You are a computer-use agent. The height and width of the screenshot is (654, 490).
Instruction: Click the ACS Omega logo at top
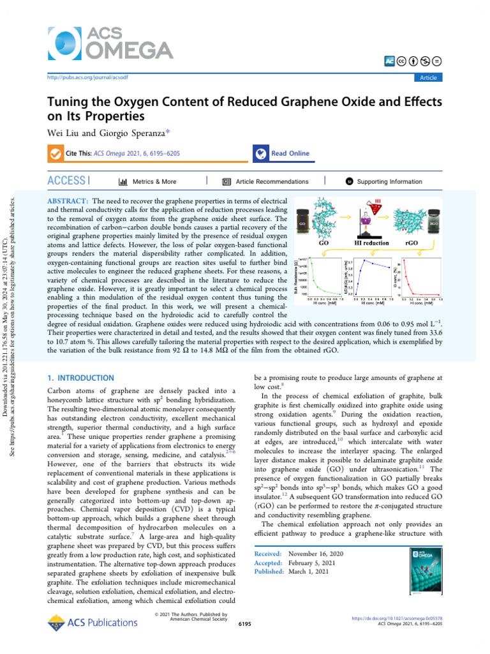pos(110,42)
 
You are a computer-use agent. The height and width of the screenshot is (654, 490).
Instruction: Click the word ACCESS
pos(66,181)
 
